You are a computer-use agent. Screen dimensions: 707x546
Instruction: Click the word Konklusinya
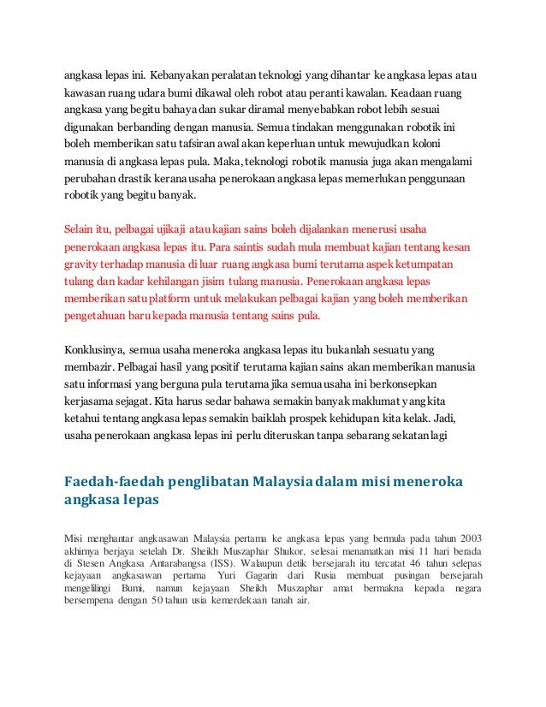tap(95, 351)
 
